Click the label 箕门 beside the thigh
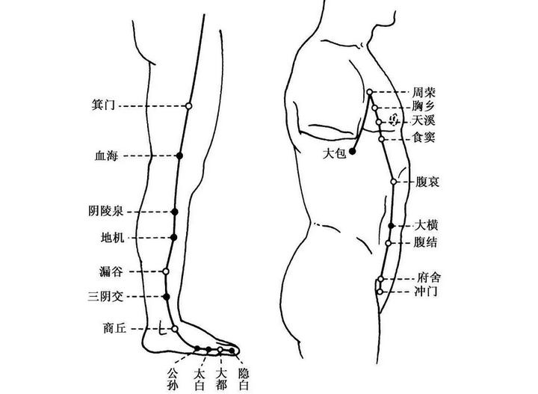click(103, 105)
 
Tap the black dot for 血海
click(179, 156)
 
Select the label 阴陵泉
click(105, 211)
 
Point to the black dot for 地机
click(173, 237)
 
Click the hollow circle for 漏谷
click(166, 271)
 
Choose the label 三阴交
click(105, 296)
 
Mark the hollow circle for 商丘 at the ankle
click(175, 329)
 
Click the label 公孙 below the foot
click(173, 379)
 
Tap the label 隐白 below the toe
click(244, 379)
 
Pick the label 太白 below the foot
click(200, 379)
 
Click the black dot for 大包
click(352, 151)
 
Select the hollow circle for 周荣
click(370, 92)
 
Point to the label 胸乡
click(424, 106)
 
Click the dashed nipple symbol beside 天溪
click(395, 120)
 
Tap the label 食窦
click(424, 138)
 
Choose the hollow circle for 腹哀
click(394, 182)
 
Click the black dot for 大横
click(391, 226)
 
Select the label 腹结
click(425, 242)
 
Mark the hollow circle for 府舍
click(381, 279)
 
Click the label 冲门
click(426, 292)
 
